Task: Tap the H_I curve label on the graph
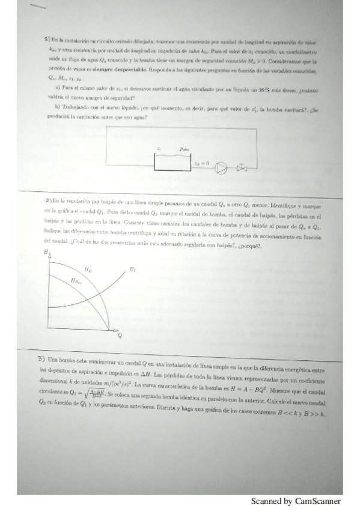(133, 269)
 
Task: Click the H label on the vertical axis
(46, 253)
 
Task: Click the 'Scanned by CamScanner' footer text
(296, 501)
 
